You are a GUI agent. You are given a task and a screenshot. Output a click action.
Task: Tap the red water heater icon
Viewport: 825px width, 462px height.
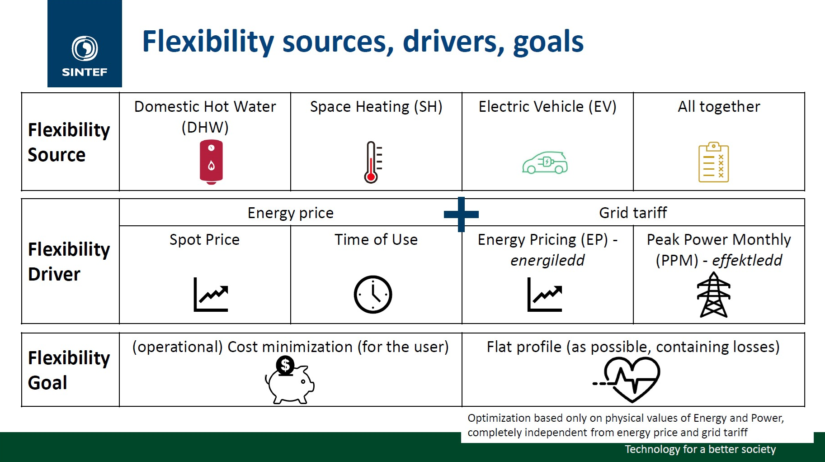click(x=211, y=162)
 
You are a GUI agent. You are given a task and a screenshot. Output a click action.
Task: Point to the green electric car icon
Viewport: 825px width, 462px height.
click(x=545, y=163)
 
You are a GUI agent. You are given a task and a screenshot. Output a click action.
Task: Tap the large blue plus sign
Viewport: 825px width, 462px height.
click(x=461, y=214)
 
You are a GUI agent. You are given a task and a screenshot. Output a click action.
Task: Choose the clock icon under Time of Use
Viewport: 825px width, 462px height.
click(x=372, y=294)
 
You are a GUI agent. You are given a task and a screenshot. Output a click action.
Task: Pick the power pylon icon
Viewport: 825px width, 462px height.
click(x=713, y=295)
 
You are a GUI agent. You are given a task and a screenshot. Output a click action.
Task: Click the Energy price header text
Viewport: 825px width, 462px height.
click(x=290, y=213)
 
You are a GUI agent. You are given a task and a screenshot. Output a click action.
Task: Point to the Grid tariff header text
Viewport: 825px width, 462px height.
click(x=632, y=213)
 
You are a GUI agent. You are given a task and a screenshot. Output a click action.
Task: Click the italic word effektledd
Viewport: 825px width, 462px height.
click(x=747, y=260)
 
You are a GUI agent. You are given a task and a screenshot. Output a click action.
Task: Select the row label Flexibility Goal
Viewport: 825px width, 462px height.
click(x=69, y=370)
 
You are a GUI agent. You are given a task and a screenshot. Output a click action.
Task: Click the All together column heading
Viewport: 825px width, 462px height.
click(x=718, y=107)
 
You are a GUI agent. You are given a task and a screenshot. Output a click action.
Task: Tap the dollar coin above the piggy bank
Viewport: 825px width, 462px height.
click(x=285, y=365)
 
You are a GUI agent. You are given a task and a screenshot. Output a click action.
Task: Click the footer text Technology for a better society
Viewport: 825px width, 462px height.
click(x=700, y=449)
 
